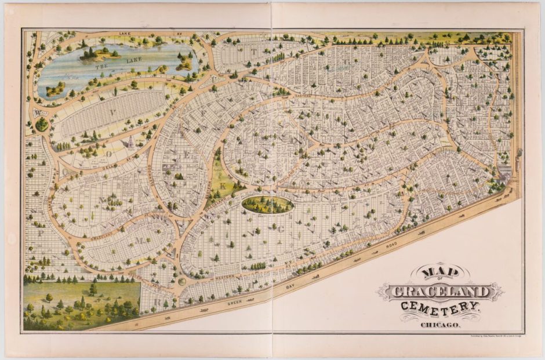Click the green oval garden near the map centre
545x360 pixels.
[x=267, y=203]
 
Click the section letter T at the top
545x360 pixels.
[x=253, y=51]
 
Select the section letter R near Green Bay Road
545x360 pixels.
[x=157, y=302]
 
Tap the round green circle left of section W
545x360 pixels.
[x=42, y=124]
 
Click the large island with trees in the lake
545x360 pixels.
[x=96, y=53]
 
